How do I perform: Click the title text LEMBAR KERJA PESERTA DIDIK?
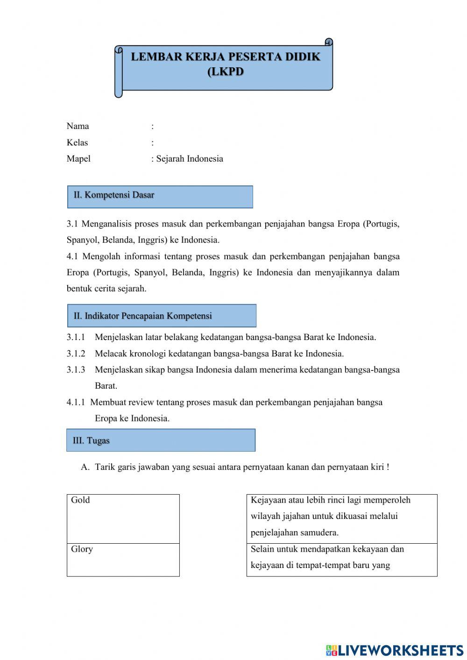226,57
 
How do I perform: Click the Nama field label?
78,126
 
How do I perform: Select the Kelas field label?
77,142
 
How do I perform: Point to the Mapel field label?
78,159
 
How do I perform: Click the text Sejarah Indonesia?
190,159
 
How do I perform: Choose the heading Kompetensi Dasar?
119,195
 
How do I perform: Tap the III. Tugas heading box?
161,440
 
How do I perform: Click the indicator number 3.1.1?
76,337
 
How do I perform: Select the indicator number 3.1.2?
76,354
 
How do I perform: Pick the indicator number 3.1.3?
76,370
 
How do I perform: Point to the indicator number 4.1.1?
76,402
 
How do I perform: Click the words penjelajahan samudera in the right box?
295,532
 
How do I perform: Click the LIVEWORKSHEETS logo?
395,650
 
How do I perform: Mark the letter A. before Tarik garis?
85,467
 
